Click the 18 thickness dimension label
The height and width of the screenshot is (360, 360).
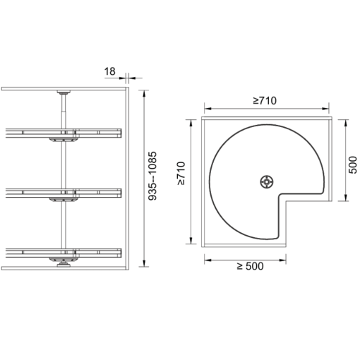coord(110,71)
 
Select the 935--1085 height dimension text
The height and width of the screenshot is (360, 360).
coord(152,176)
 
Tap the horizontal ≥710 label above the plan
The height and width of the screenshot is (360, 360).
coord(265,101)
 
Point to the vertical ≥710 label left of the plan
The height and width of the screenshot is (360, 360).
coord(181,173)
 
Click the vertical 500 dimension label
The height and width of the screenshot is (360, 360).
coord(352,164)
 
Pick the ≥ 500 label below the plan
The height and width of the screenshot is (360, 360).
coord(250,266)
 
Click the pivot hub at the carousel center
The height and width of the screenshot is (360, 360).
coord(267,181)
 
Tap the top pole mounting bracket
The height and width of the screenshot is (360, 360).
coord(64,92)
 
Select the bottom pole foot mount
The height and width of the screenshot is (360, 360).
coord(64,264)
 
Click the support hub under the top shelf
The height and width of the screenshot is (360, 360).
coord(64,140)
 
